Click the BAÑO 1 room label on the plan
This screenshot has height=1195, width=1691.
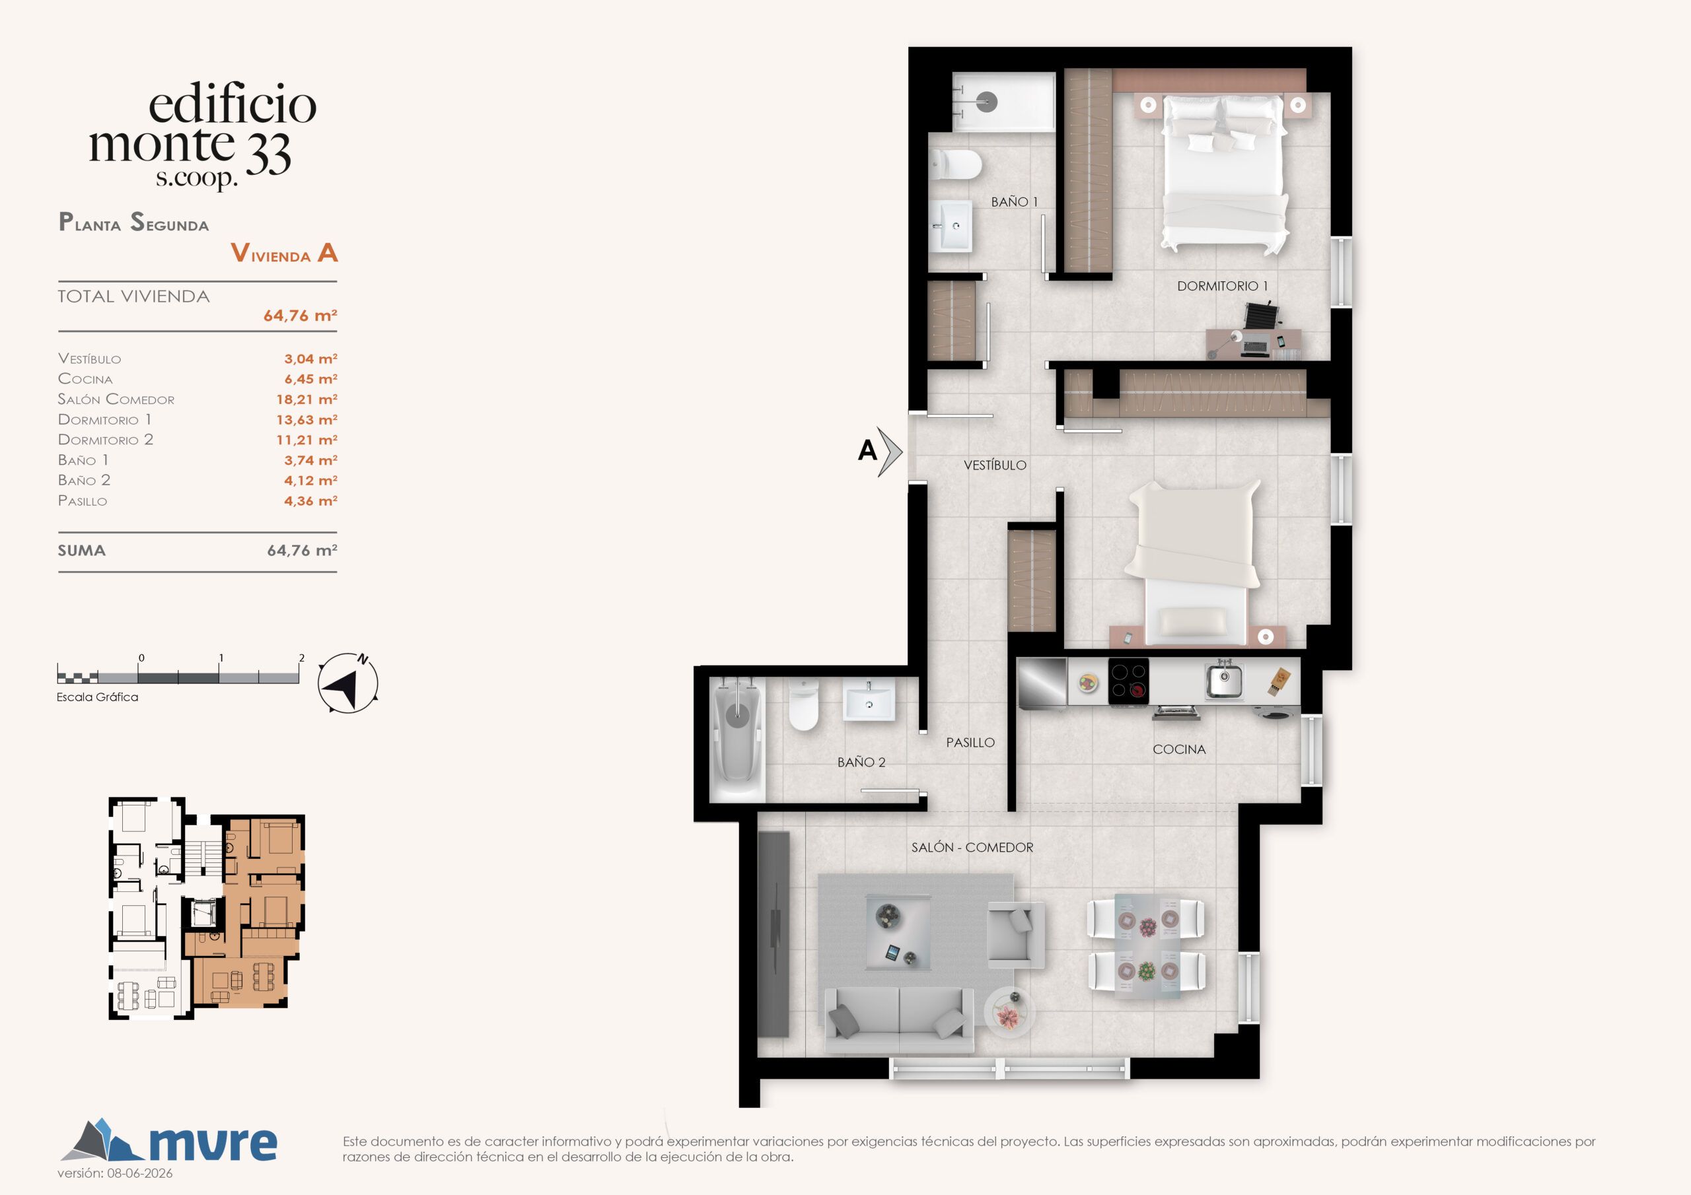pyautogui.click(x=1014, y=202)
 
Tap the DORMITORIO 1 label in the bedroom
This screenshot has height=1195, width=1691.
pyautogui.click(x=1223, y=287)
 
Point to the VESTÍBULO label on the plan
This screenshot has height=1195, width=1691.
pyautogui.click(x=995, y=465)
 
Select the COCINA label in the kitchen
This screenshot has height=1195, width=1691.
pyautogui.click(x=1179, y=749)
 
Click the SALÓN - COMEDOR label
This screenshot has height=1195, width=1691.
pyautogui.click(x=972, y=848)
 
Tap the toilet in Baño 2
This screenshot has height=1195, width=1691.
pyautogui.click(x=803, y=704)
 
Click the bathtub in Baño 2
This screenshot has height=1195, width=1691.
pyautogui.click(x=737, y=739)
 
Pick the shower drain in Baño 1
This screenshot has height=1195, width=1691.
pyautogui.click(x=987, y=102)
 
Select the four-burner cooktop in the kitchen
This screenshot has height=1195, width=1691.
pyautogui.click(x=1128, y=681)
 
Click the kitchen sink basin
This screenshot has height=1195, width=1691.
pyautogui.click(x=1224, y=680)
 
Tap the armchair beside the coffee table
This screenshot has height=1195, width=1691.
pyautogui.click(x=1016, y=934)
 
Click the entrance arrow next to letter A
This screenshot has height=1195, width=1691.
pyautogui.click(x=890, y=452)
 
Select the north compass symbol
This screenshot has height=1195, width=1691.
pyautogui.click(x=348, y=683)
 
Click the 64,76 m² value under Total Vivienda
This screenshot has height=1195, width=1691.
pyautogui.click(x=301, y=316)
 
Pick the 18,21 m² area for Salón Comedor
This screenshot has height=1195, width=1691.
pyautogui.click(x=306, y=399)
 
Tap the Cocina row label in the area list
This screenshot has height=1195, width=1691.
pyautogui.click(x=85, y=379)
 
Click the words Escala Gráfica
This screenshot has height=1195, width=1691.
pyautogui.click(x=97, y=697)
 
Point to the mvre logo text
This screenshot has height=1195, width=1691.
pyautogui.click(x=213, y=1144)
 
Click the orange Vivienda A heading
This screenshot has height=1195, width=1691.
pyautogui.click(x=284, y=254)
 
